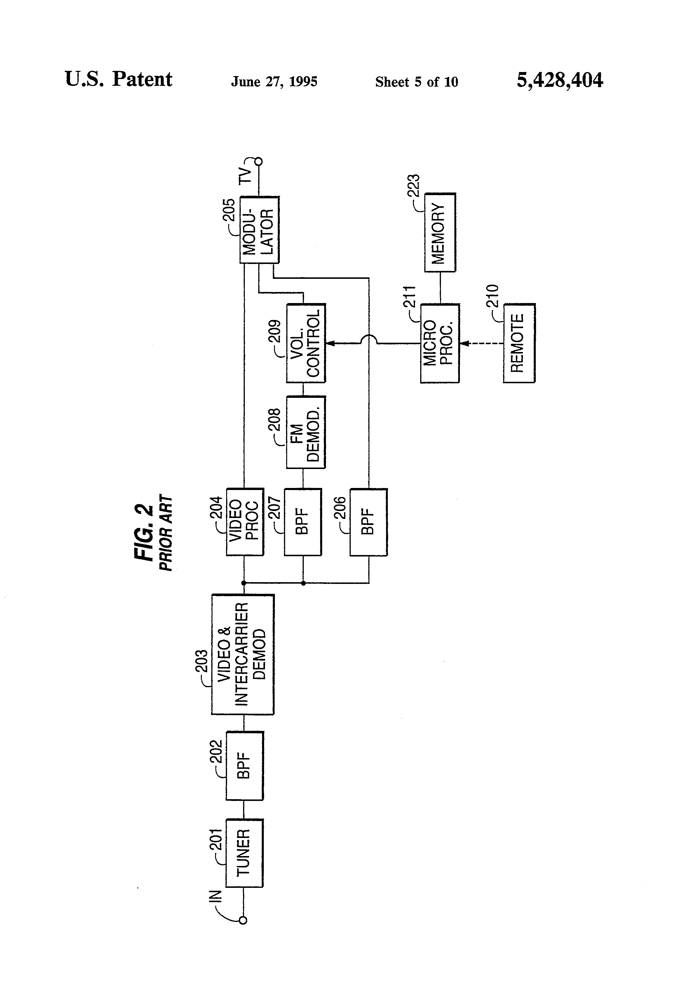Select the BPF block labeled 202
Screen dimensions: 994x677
(244, 766)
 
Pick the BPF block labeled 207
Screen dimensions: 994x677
(303, 521)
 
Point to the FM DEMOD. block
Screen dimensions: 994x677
(306, 432)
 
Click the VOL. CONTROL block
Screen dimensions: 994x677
(306, 343)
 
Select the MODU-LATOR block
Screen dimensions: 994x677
(259, 230)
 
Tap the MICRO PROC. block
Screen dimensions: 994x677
(439, 343)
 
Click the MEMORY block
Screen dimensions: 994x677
(439, 232)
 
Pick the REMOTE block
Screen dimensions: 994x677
(519, 343)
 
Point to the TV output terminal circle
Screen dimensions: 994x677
(259, 161)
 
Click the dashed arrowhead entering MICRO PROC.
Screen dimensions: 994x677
(464, 343)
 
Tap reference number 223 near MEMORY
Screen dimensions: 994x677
(413, 185)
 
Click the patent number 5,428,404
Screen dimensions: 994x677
(560, 80)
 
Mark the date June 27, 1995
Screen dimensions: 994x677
(274, 81)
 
